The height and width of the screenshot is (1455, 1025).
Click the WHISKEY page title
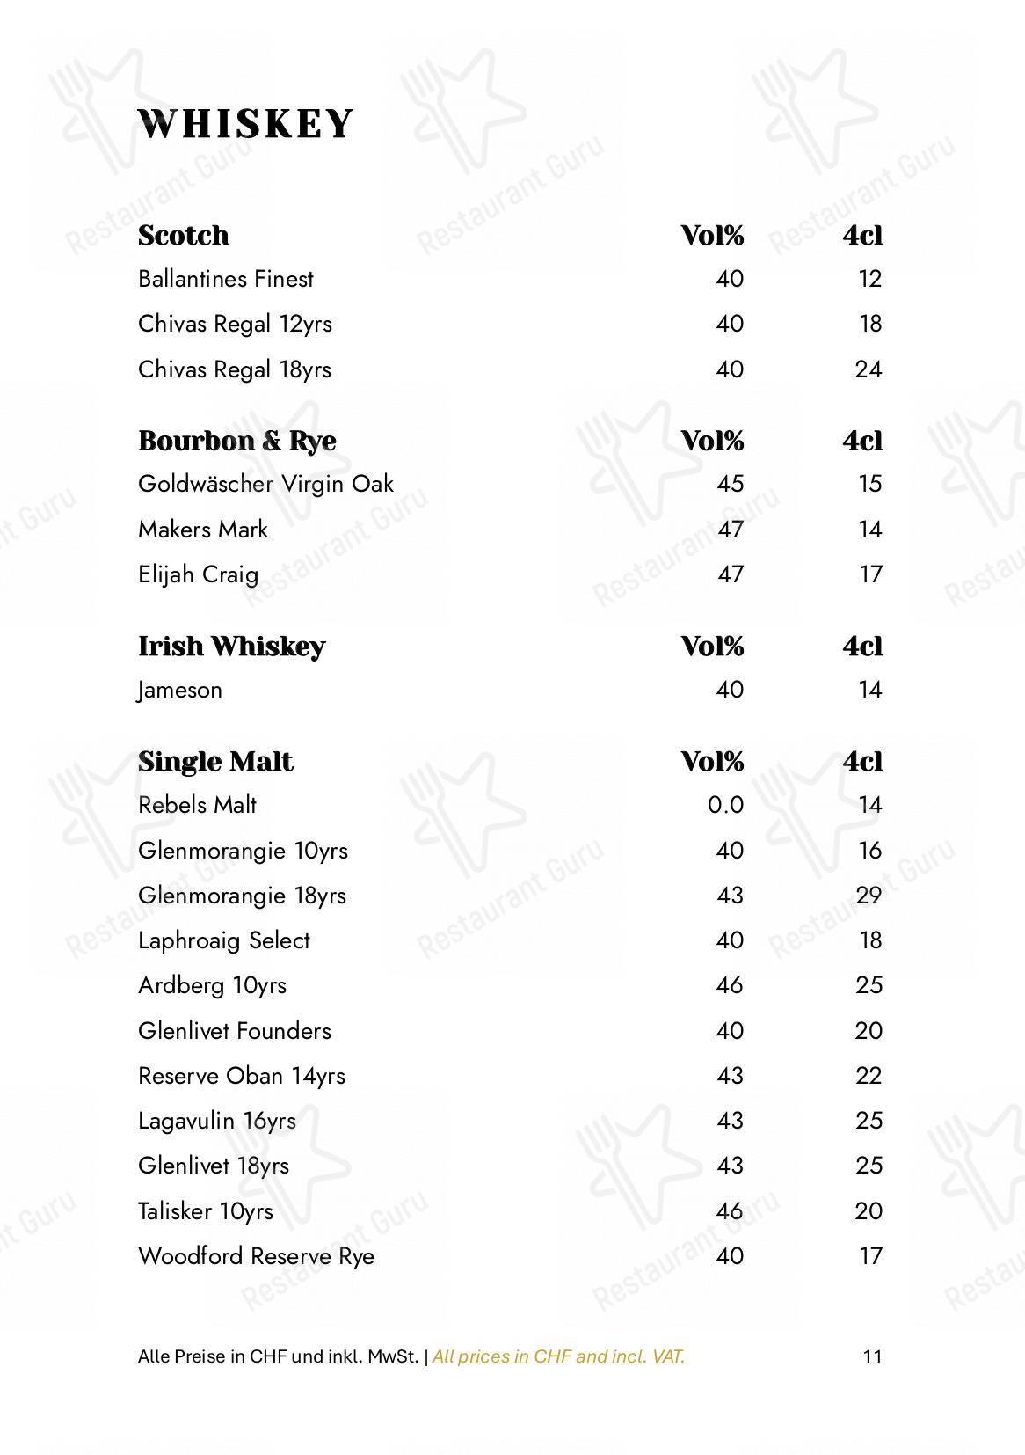[246, 124]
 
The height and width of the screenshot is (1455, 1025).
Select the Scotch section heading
[184, 236]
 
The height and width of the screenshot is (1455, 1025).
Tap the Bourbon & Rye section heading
[236, 441]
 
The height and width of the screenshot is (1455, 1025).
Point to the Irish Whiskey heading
[231, 647]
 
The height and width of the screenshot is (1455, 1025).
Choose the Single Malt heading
[215, 762]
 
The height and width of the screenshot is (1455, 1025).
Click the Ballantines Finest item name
[225, 280]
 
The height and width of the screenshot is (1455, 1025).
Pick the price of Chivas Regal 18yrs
[868, 369]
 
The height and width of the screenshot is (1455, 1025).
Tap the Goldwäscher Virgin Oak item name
[265, 485]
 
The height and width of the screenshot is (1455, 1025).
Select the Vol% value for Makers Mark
[730, 530]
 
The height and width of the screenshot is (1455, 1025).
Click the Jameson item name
[180, 691]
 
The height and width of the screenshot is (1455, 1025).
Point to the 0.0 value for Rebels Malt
[725, 806]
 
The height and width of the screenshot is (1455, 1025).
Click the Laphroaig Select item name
[224, 941]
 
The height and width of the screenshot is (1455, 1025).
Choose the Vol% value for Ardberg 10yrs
[730, 985]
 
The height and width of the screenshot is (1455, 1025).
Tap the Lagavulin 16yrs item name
[216, 1121]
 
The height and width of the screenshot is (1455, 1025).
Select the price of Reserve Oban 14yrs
[868, 1076]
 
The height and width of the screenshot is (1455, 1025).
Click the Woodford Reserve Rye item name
[256, 1256]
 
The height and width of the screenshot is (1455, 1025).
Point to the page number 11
[872, 1356]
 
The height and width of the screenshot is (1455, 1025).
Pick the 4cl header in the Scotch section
[862, 236]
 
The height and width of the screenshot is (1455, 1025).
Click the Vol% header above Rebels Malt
[712, 762]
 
